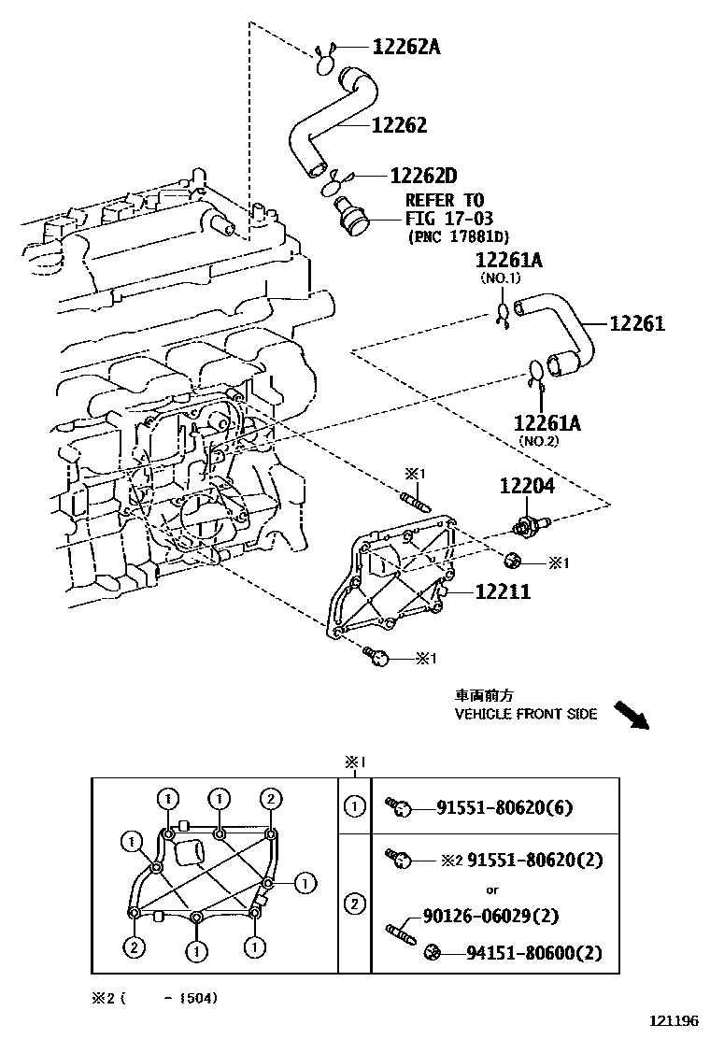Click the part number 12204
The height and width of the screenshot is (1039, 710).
[x=526, y=486]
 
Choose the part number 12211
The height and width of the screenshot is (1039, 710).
[x=502, y=591]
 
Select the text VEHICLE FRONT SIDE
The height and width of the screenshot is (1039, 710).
[x=525, y=714]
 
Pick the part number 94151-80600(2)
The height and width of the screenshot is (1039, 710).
[x=534, y=953]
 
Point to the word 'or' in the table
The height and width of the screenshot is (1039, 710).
[x=491, y=889]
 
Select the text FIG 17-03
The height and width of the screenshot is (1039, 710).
[x=444, y=219]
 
